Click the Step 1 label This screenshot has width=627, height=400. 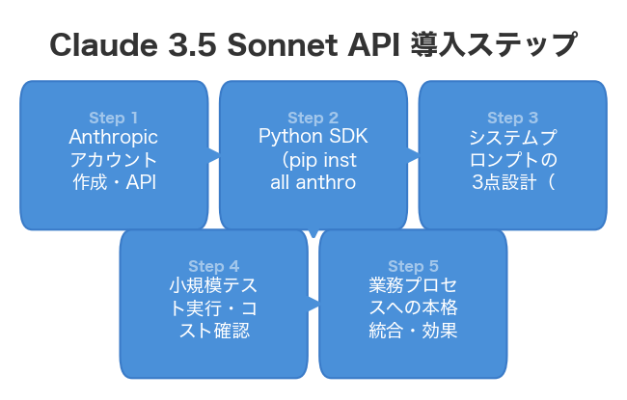pos(114,119)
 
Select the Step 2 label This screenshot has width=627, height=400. pos(313,119)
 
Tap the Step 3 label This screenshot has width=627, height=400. pos(512,119)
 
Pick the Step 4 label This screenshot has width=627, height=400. pos(213,267)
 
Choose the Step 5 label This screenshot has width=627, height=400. pos(413,267)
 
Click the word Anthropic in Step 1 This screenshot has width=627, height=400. pos(114,138)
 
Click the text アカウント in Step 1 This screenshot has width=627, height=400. pos(114,160)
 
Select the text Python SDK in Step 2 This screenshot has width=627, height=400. pos(313,138)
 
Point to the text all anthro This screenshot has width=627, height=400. pos(313,182)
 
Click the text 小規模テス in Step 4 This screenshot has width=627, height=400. pos(213,287)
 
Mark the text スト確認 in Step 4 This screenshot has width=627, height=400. pos(213,332)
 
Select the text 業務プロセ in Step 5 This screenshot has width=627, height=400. pos(413,287)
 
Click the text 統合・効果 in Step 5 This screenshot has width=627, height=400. pos(413,332)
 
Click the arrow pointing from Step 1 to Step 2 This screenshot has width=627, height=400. pos(213,153)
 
